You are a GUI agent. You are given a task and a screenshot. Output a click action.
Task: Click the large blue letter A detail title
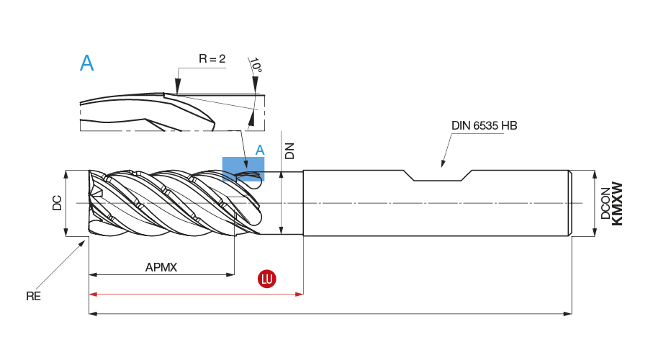click(x=86, y=63)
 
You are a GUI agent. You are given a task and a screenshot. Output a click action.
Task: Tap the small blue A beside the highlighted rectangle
click(x=261, y=150)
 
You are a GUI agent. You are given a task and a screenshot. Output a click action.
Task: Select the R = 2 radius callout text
click(x=212, y=59)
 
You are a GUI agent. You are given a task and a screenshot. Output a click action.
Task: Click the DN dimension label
click(x=289, y=150)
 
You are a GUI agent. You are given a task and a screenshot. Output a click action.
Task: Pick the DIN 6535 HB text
click(x=484, y=125)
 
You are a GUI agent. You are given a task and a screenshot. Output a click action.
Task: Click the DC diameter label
click(x=58, y=203)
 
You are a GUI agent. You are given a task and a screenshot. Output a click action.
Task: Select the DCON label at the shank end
click(x=606, y=203)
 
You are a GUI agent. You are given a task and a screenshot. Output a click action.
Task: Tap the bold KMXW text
click(x=617, y=204)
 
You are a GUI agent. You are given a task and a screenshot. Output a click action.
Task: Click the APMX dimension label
click(x=161, y=267)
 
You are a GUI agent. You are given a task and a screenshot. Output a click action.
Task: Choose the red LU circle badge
click(x=267, y=279)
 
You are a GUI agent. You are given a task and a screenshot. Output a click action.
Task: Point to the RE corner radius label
click(x=33, y=296)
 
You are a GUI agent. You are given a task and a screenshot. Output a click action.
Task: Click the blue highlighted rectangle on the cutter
click(x=243, y=168)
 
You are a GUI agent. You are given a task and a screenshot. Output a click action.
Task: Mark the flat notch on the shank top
click(x=441, y=180)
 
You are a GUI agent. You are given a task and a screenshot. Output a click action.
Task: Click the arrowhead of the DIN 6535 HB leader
click(x=442, y=165)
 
